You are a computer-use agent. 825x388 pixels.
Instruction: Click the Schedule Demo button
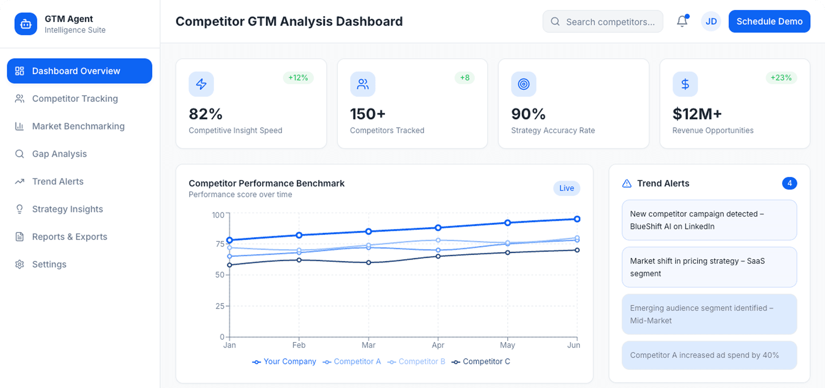pos(769,22)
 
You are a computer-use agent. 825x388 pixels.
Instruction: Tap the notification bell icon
pos(682,21)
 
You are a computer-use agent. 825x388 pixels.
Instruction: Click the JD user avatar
pos(711,22)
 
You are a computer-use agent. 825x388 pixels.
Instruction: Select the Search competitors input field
pos(603,22)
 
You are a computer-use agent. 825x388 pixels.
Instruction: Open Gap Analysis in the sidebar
pos(59,154)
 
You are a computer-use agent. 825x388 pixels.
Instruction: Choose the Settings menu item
pos(49,264)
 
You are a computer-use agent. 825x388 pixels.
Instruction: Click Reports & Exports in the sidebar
pos(70,237)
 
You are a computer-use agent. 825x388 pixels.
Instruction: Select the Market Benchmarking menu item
pos(78,127)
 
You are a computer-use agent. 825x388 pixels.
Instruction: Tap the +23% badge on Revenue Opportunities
pos(781,78)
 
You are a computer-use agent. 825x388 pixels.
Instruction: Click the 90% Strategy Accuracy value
pos(528,114)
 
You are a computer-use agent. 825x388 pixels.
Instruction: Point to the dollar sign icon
pos(685,84)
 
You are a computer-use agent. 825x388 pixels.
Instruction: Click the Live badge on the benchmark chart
pos(566,188)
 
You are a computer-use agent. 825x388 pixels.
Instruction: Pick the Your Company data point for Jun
pos(577,219)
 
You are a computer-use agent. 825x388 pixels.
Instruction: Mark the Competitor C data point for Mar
pos(369,263)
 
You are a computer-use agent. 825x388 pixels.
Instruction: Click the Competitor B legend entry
pos(416,362)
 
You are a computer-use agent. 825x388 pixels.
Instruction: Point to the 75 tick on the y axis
pos(220,244)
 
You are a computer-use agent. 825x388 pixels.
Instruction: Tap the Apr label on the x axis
pos(438,345)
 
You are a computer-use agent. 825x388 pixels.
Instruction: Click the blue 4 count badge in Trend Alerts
pos(789,183)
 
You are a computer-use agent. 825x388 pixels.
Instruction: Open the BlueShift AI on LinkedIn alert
pos(709,220)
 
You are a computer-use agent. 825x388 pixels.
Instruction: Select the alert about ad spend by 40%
pos(709,355)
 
